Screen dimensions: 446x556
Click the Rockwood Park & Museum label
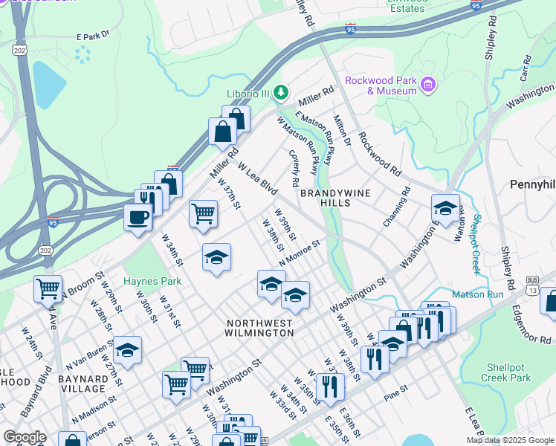tap(381, 85)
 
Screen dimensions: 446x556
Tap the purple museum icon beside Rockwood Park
tap(427, 85)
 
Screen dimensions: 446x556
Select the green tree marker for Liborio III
tap(280, 93)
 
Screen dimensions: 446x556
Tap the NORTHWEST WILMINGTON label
tap(260, 328)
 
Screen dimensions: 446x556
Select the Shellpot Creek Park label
tap(509, 372)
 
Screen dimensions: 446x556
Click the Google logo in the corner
tap(25, 437)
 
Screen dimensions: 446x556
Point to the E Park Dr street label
tap(92, 35)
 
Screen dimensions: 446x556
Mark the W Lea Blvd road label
tap(257, 180)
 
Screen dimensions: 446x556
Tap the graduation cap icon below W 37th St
tap(216, 257)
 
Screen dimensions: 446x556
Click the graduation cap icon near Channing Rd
tap(445, 207)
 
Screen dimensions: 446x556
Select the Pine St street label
tap(396, 388)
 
